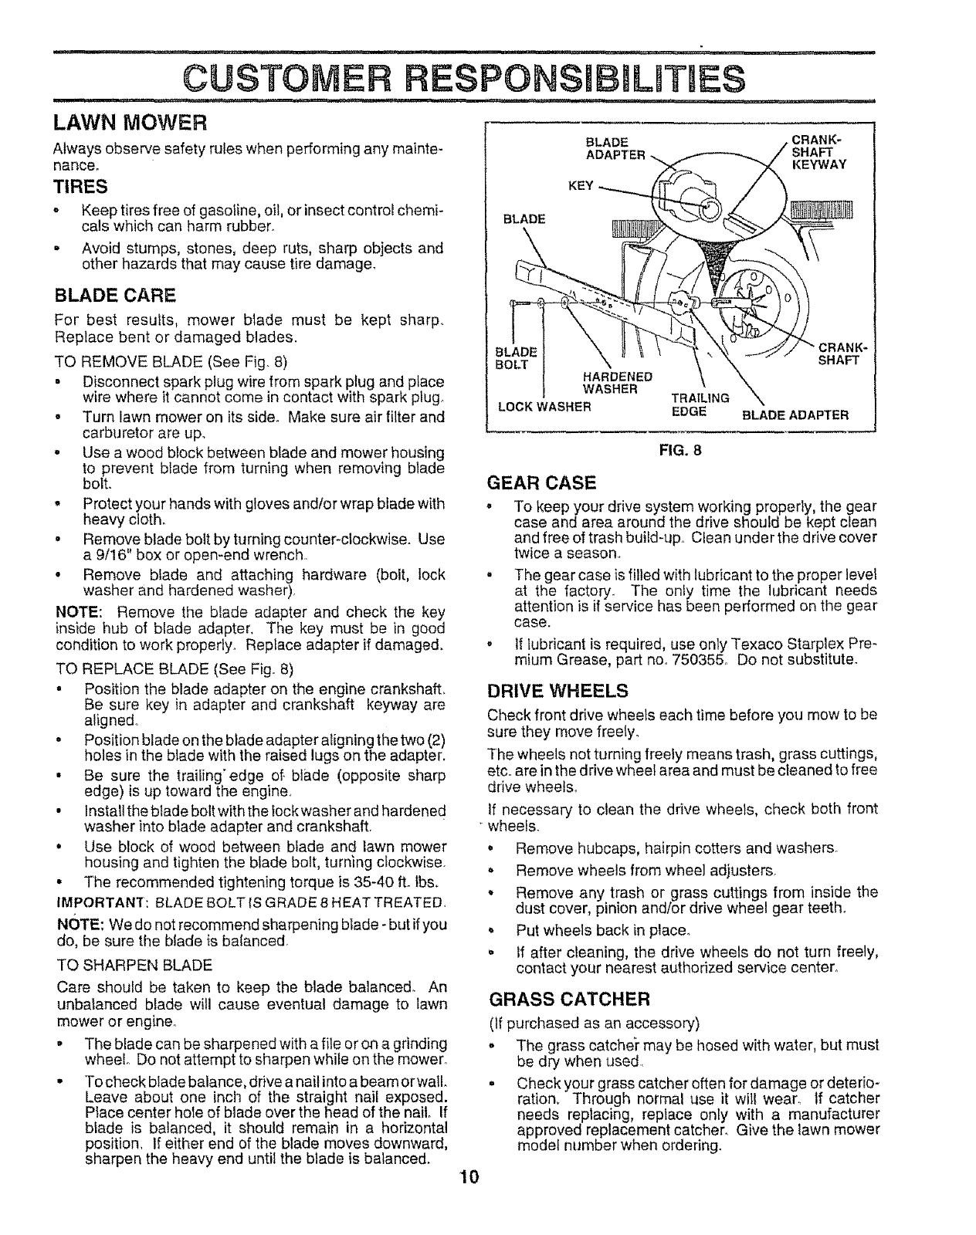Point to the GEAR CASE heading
click(x=544, y=483)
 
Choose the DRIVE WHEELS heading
click(x=558, y=689)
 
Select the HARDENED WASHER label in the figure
click(x=618, y=382)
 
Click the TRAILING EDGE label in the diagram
click(x=700, y=404)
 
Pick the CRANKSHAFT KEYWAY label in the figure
click(x=817, y=152)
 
